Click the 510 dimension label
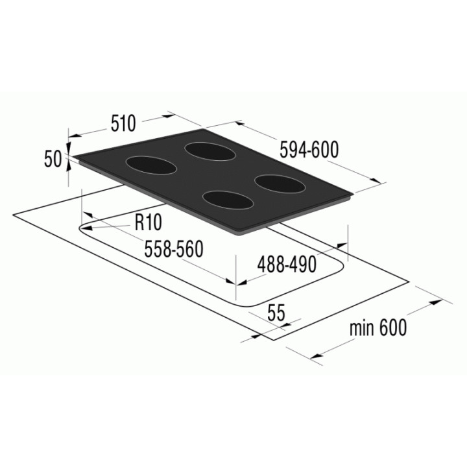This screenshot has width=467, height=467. click(123, 123)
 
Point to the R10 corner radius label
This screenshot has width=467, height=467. click(148, 222)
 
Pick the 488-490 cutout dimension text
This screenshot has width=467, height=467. click(287, 264)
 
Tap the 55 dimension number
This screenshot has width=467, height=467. click(276, 313)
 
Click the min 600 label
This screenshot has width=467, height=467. click(378, 328)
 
